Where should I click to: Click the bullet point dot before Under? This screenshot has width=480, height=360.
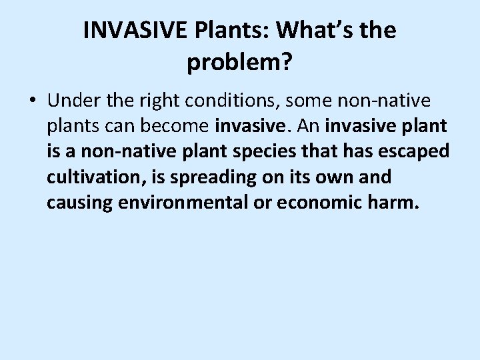[33, 101]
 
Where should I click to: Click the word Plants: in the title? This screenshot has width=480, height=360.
[228, 31]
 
